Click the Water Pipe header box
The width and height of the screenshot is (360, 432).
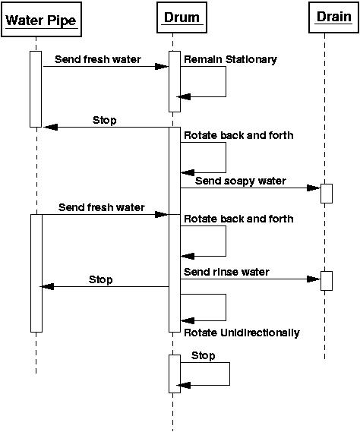tap(41, 19)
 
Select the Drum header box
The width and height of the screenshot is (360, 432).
tap(182, 17)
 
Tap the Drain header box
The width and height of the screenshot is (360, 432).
tap(334, 17)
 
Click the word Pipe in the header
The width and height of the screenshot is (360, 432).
tap(62, 20)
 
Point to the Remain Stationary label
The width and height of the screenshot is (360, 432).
tap(230, 59)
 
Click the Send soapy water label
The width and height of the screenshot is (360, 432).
tap(240, 181)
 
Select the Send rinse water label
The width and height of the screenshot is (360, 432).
tap(226, 272)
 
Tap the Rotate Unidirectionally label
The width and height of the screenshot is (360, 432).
tap(242, 333)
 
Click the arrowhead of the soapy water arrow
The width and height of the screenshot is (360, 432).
tap(314, 188)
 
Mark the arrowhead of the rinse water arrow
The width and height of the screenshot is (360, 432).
tap(314, 279)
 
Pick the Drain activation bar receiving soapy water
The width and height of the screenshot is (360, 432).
tap(327, 194)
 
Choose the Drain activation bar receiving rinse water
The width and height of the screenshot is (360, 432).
tap(327, 281)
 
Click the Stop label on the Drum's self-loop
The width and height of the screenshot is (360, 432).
tap(203, 355)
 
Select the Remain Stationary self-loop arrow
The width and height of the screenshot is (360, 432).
tap(226, 81)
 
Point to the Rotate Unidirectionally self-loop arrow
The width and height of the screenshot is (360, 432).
tap(226, 307)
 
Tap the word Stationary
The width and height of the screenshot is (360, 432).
tap(251, 59)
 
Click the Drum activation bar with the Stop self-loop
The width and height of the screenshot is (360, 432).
tap(175, 374)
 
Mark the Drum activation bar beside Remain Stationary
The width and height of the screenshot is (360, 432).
tap(175, 81)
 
